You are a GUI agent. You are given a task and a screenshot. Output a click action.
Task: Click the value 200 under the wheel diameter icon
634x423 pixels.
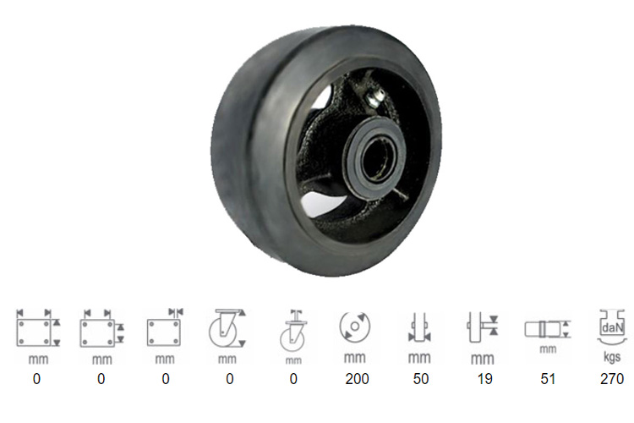coord(357,379)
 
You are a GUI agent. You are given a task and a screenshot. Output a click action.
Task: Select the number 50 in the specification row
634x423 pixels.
coord(421,379)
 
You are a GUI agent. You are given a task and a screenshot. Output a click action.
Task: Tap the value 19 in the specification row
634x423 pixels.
coord(484,379)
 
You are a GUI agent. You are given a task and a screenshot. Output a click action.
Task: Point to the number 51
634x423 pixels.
coord(548,379)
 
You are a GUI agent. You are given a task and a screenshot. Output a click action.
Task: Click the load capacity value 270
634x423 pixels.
coord(612,379)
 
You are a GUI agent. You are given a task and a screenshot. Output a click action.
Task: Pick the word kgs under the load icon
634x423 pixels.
coord(612,357)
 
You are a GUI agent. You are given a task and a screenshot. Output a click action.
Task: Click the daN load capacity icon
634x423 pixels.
coord(612,327)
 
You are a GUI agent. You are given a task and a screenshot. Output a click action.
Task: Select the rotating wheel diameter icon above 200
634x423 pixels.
coord(354,327)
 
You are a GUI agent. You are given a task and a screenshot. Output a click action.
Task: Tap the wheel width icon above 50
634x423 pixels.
coord(419,327)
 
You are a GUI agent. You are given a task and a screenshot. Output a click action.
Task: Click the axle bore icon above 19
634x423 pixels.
coord(482,327)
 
